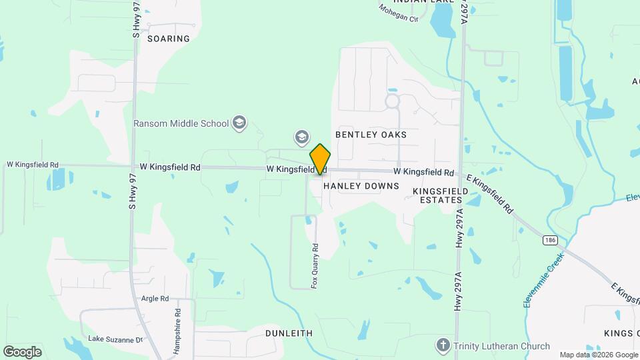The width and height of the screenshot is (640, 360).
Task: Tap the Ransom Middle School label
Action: click(181, 123)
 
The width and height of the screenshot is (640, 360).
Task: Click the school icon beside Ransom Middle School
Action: click(239, 123)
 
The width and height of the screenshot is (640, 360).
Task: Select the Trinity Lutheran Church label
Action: click(501, 346)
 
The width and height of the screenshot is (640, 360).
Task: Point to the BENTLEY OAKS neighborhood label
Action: click(371, 135)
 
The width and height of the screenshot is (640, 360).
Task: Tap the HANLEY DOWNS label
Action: click(361, 187)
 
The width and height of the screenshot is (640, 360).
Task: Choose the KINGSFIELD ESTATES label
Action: click(437, 195)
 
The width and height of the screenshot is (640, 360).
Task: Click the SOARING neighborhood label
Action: click(169, 39)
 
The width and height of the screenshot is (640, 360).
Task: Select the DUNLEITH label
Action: click(289, 333)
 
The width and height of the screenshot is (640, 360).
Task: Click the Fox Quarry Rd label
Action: click(315, 265)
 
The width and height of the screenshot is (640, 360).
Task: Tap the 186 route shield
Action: click(549, 240)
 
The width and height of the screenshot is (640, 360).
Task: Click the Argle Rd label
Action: click(155, 299)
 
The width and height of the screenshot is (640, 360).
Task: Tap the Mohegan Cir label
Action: click(398, 13)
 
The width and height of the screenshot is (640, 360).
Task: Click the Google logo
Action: click(22, 351)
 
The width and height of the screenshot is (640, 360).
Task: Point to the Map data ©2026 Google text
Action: click(598, 355)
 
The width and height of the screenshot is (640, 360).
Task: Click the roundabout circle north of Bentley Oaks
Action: click(391, 102)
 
